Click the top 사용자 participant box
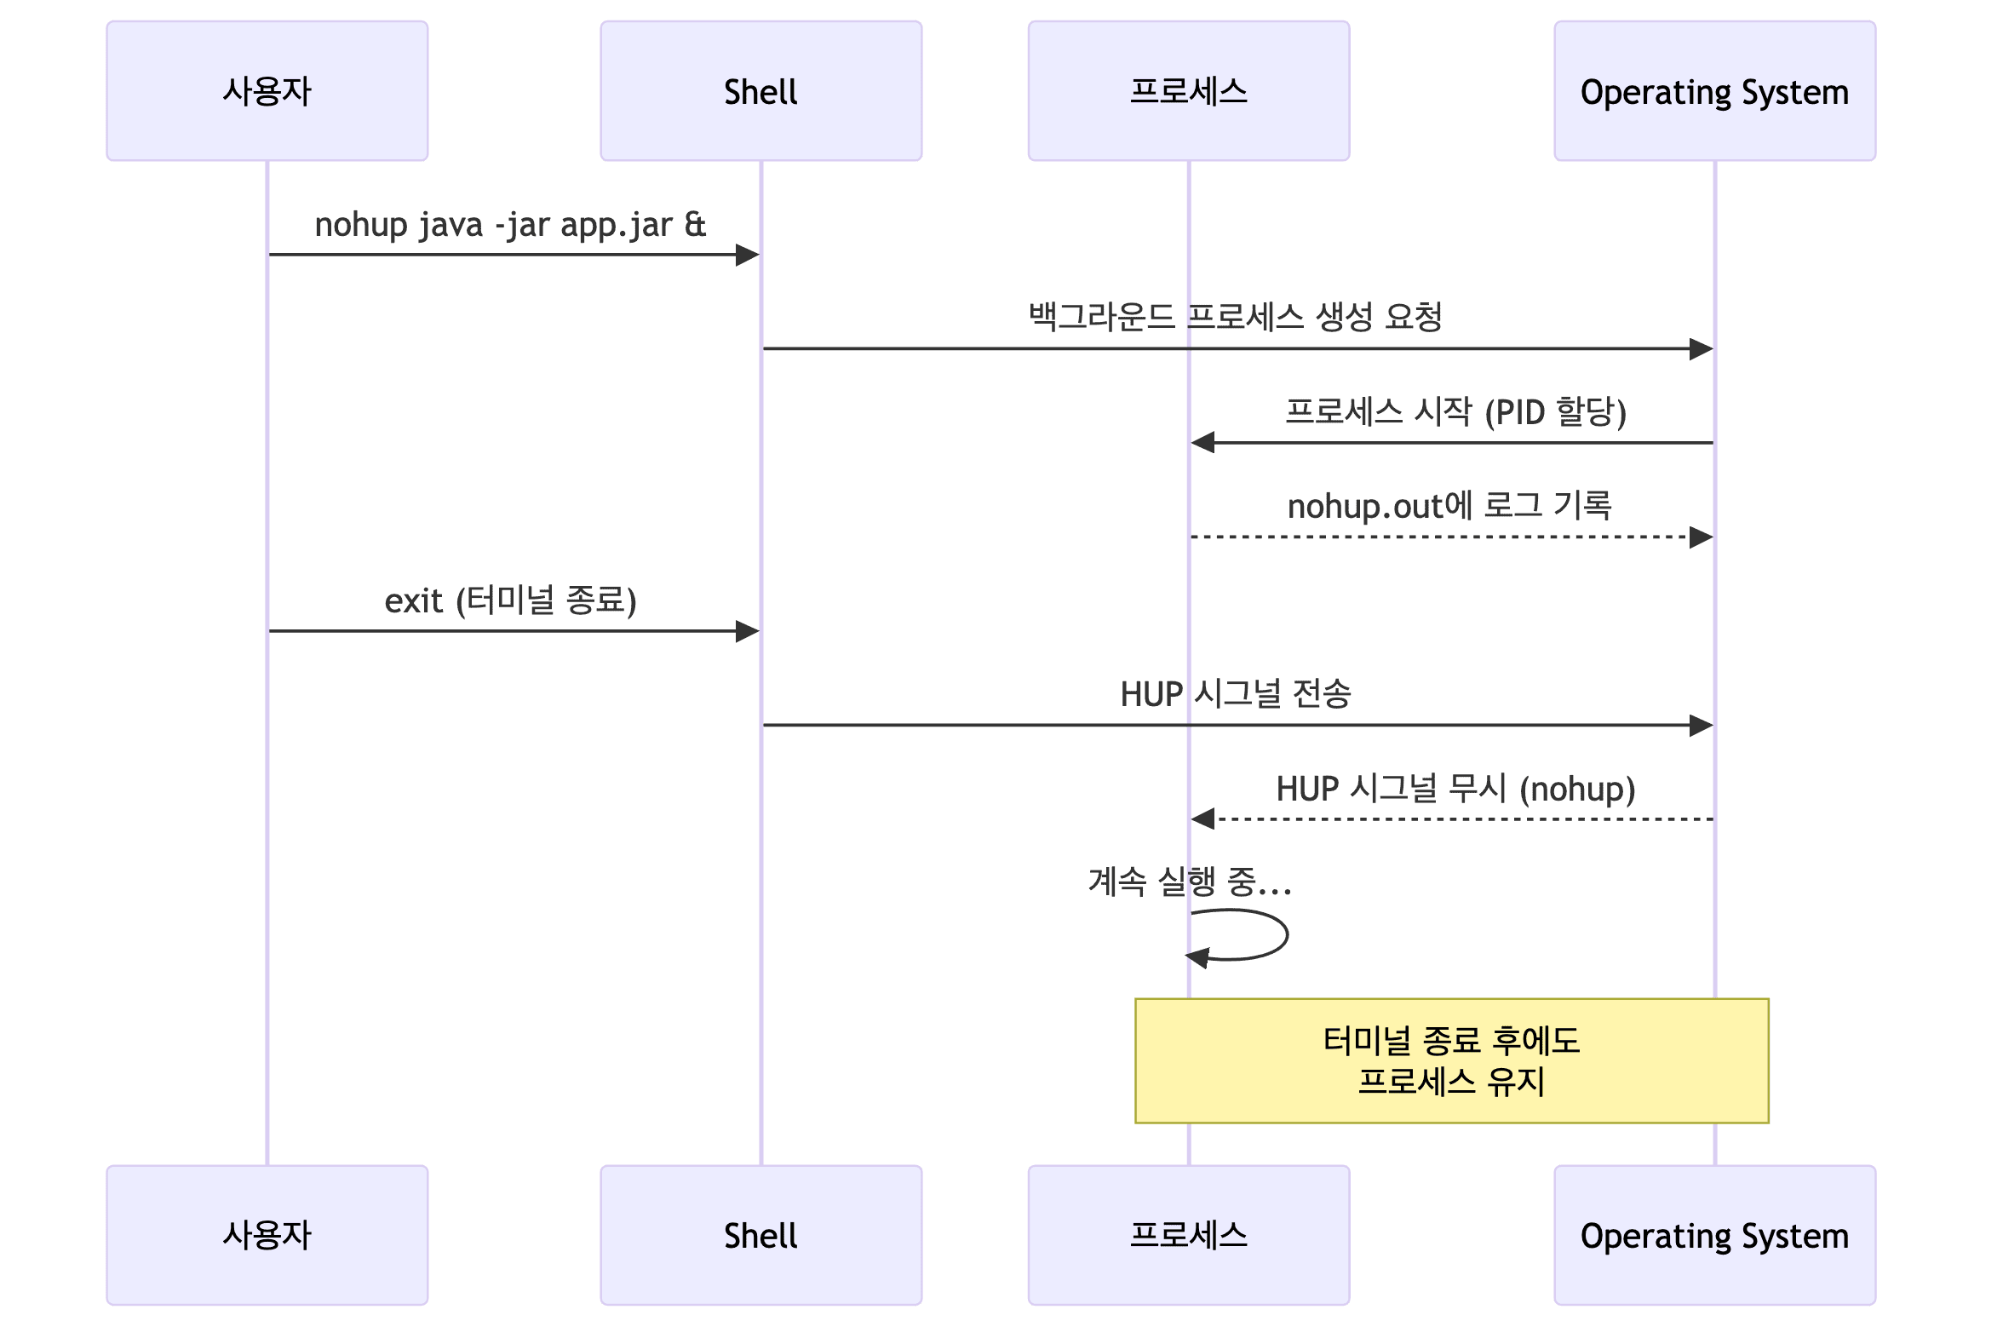tap(267, 91)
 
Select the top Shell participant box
tap(760, 91)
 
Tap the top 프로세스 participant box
tap(1188, 91)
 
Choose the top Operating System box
tap(1714, 91)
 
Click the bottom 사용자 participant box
tap(267, 1234)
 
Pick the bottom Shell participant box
tap(760, 1234)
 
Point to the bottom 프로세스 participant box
tap(1188, 1234)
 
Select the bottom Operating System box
tap(1714, 1234)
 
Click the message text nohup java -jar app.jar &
tap(510, 225)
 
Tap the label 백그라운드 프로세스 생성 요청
tap(1235, 317)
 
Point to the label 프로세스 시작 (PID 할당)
tap(1455, 411)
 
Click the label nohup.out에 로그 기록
tap(1449, 506)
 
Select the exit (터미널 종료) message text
tap(510, 600)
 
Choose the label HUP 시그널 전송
tap(1235, 693)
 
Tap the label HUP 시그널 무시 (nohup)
tap(1455, 788)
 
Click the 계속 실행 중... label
tap(1190, 882)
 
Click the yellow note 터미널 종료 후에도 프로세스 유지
tap(1451, 1060)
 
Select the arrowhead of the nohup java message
tap(749, 255)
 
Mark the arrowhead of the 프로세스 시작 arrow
tap(1202, 442)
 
